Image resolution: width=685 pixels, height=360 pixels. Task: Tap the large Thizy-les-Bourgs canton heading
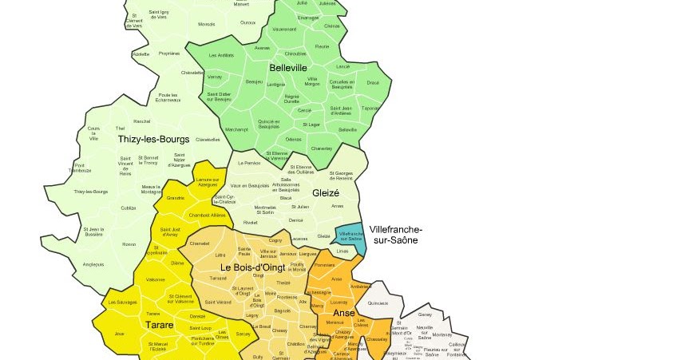tap(153, 139)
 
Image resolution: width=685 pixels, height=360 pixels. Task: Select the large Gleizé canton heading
tap(326, 192)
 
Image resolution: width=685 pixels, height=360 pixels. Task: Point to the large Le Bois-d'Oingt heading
tap(252, 267)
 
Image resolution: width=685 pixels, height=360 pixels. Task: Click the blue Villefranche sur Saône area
tap(350, 235)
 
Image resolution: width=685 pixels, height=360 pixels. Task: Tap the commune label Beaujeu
tap(255, 82)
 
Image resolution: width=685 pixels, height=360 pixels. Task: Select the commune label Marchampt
tap(237, 129)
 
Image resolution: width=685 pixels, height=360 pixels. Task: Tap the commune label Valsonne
tap(156, 279)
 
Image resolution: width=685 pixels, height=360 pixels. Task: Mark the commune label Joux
tap(120, 334)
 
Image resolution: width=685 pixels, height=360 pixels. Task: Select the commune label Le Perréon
tap(249, 163)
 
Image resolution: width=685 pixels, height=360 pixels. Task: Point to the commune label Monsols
tap(207, 24)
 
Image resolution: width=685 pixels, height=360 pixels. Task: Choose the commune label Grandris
tap(176, 197)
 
